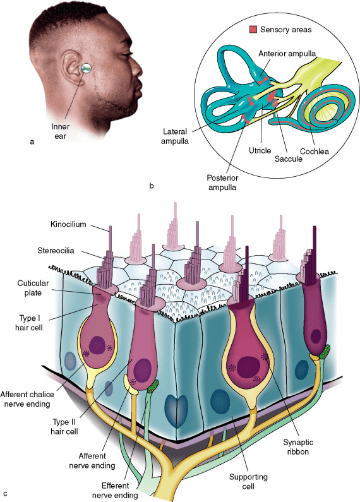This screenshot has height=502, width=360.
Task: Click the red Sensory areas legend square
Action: pos(253,30)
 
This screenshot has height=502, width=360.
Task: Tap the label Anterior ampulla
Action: pos(287,54)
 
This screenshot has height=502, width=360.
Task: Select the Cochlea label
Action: pos(314,151)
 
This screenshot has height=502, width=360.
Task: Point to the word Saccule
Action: pos(288,158)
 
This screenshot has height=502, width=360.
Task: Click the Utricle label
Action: pos(260,150)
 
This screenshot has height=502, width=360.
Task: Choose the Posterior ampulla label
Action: pos(222,182)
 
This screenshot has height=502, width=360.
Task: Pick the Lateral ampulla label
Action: pos(175,136)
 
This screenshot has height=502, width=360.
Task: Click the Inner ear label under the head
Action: pos(60,131)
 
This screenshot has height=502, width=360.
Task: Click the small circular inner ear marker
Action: pos(87,68)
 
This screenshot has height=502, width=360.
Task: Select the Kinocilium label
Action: pos(68,224)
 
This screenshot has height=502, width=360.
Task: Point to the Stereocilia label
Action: pos(56,250)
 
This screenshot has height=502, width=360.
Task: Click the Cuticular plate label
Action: pos(33,288)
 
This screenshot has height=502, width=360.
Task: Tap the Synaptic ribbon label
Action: pos(298,447)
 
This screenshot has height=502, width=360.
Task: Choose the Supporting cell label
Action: pos(248,482)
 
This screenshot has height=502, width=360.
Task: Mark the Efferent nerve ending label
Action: pos(115,491)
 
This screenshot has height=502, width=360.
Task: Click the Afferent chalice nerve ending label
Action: pos(27,399)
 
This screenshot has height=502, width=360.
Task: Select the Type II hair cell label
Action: pos(64,427)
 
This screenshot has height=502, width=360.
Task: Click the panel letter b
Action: pos(152,186)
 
